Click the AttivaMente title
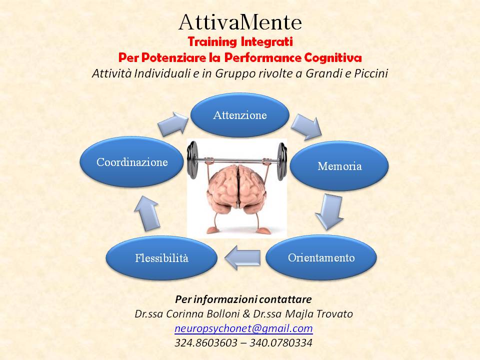point(240,22)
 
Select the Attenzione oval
point(240,115)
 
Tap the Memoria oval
point(339,165)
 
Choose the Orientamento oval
point(321,257)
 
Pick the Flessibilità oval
point(161,258)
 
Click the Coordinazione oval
point(132,161)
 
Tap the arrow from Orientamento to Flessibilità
point(242,257)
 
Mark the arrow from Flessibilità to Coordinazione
point(147,213)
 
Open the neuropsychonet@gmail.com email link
point(243,328)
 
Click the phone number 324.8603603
point(205,342)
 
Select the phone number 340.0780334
point(281,342)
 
